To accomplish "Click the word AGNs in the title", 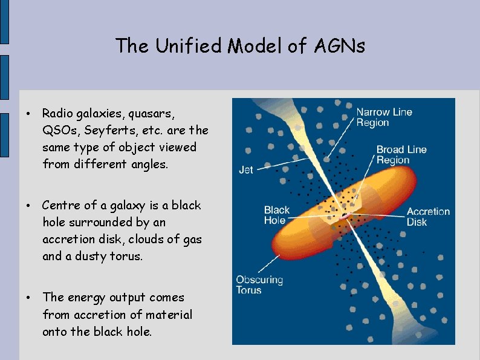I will point(340,45).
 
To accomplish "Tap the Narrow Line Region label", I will point(383,117).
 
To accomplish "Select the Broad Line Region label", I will point(401,155).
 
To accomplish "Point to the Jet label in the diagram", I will point(246,170).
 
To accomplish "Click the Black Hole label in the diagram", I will point(277,215).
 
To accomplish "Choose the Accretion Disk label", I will point(428,217).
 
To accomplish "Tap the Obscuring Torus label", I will point(259,285).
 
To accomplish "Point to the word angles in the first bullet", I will point(149,164).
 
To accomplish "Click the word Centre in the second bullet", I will point(61,205).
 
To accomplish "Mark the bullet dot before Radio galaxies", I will point(28,114).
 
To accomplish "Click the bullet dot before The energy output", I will point(28,298).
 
